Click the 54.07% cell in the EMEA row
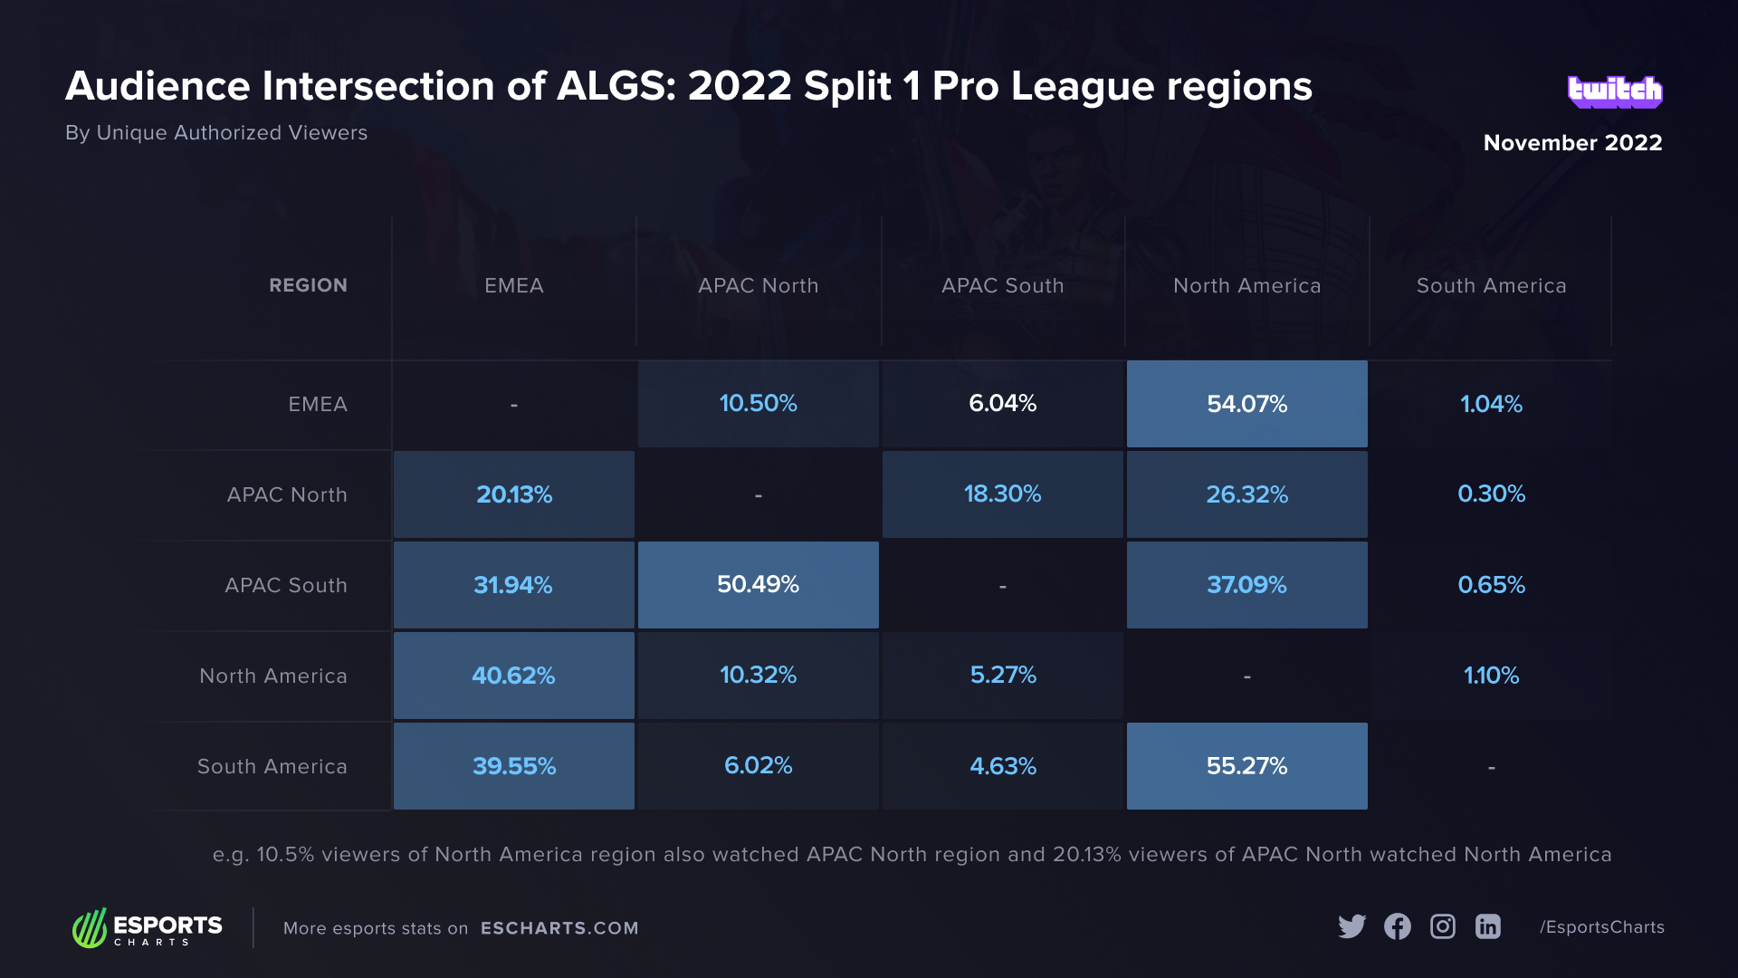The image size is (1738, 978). (1246, 404)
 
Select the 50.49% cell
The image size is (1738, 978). (758, 585)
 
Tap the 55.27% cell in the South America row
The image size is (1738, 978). (1246, 766)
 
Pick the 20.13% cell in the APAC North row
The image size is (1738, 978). (513, 494)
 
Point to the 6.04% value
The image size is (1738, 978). (1002, 404)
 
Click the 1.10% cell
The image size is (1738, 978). (1491, 676)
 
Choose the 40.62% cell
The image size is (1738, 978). (513, 676)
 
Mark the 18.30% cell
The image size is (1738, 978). (1002, 494)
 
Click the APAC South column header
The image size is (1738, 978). (1002, 286)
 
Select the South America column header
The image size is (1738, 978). (1491, 286)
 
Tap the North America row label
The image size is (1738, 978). (272, 676)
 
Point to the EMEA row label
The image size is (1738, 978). (317, 405)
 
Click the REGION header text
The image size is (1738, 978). (308, 286)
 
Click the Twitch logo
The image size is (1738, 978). (1615, 91)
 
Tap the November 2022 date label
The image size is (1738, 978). (1572, 143)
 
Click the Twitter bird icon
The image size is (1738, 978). (1351, 926)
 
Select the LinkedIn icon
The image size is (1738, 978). (1487, 926)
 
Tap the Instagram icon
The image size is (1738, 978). (1442, 926)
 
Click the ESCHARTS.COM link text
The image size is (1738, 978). (559, 928)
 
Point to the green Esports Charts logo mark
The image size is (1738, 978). (90, 928)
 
